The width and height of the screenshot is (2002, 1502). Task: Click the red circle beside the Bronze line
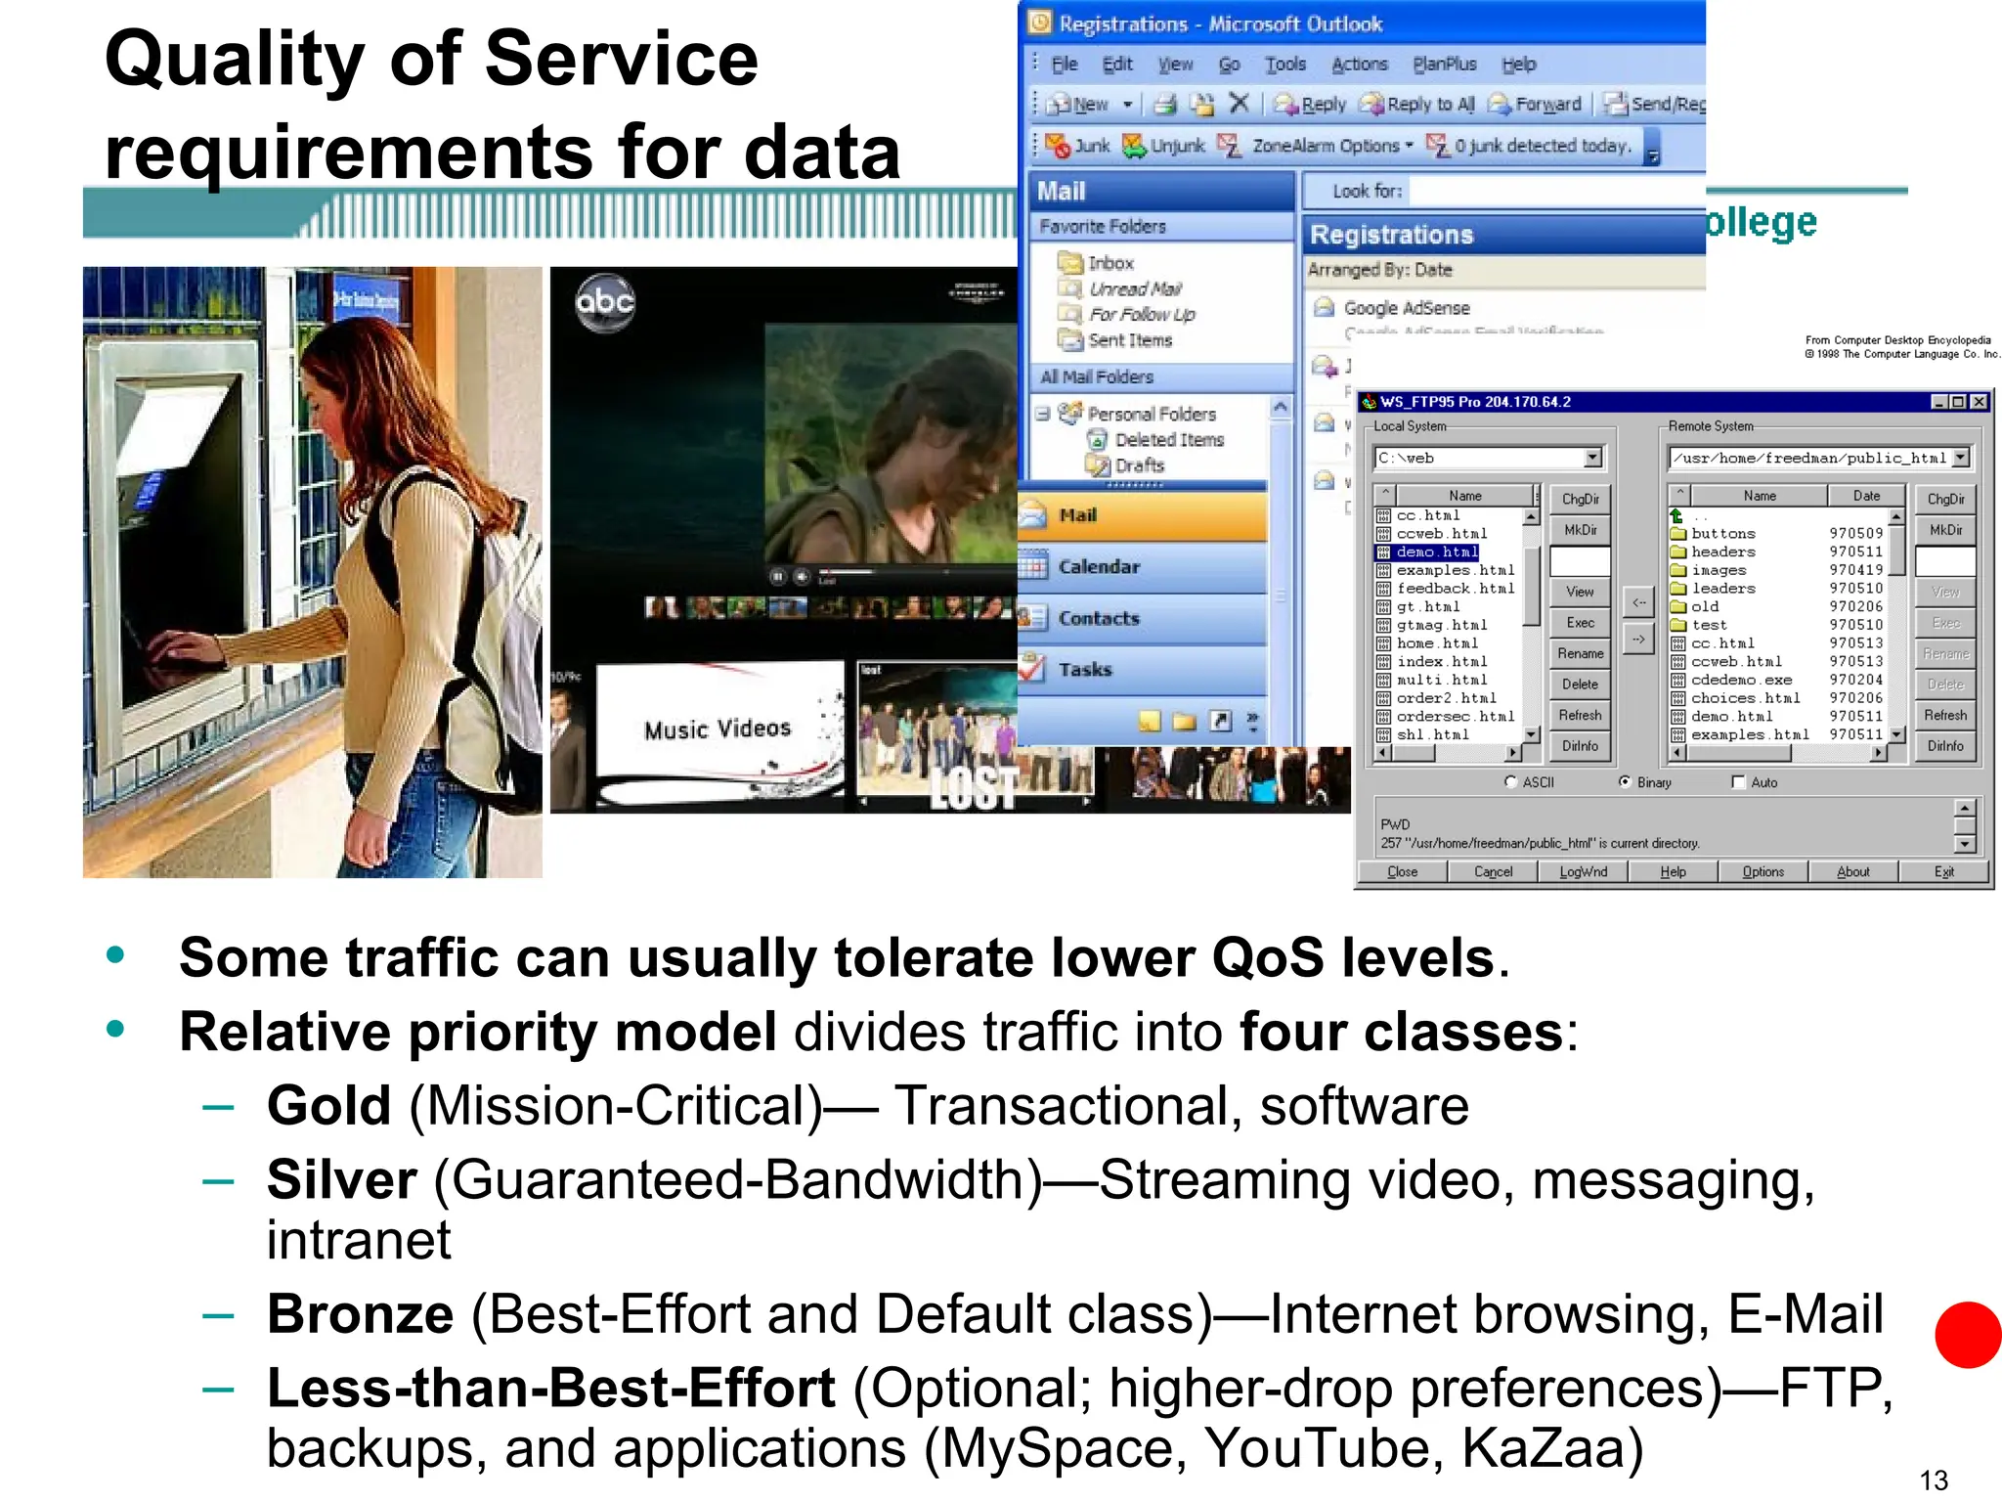(1969, 1335)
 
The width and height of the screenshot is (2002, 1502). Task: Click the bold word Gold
(328, 1106)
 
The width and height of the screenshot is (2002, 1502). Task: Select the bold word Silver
(342, 1179)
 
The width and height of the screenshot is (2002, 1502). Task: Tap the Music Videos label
(717, 729)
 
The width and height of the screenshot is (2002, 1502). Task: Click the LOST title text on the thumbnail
(973, 788)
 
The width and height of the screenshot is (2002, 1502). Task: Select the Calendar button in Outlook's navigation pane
(1099, 567)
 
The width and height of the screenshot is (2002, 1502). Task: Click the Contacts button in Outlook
(1099, 619)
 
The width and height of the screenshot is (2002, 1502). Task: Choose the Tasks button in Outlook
(1085, 670)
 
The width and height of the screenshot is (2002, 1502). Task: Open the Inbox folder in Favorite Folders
(1110, 263)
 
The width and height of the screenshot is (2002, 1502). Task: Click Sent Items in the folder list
(1129, 340)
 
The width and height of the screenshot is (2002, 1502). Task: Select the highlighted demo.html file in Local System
(1436, 552)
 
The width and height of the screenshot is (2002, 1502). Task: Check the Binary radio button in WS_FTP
(1625, 782)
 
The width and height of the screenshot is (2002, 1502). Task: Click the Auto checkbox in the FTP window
(1738, 782)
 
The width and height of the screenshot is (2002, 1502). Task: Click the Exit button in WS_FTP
(1943, 872)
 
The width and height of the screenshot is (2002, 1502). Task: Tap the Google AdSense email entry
(1406, 308)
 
